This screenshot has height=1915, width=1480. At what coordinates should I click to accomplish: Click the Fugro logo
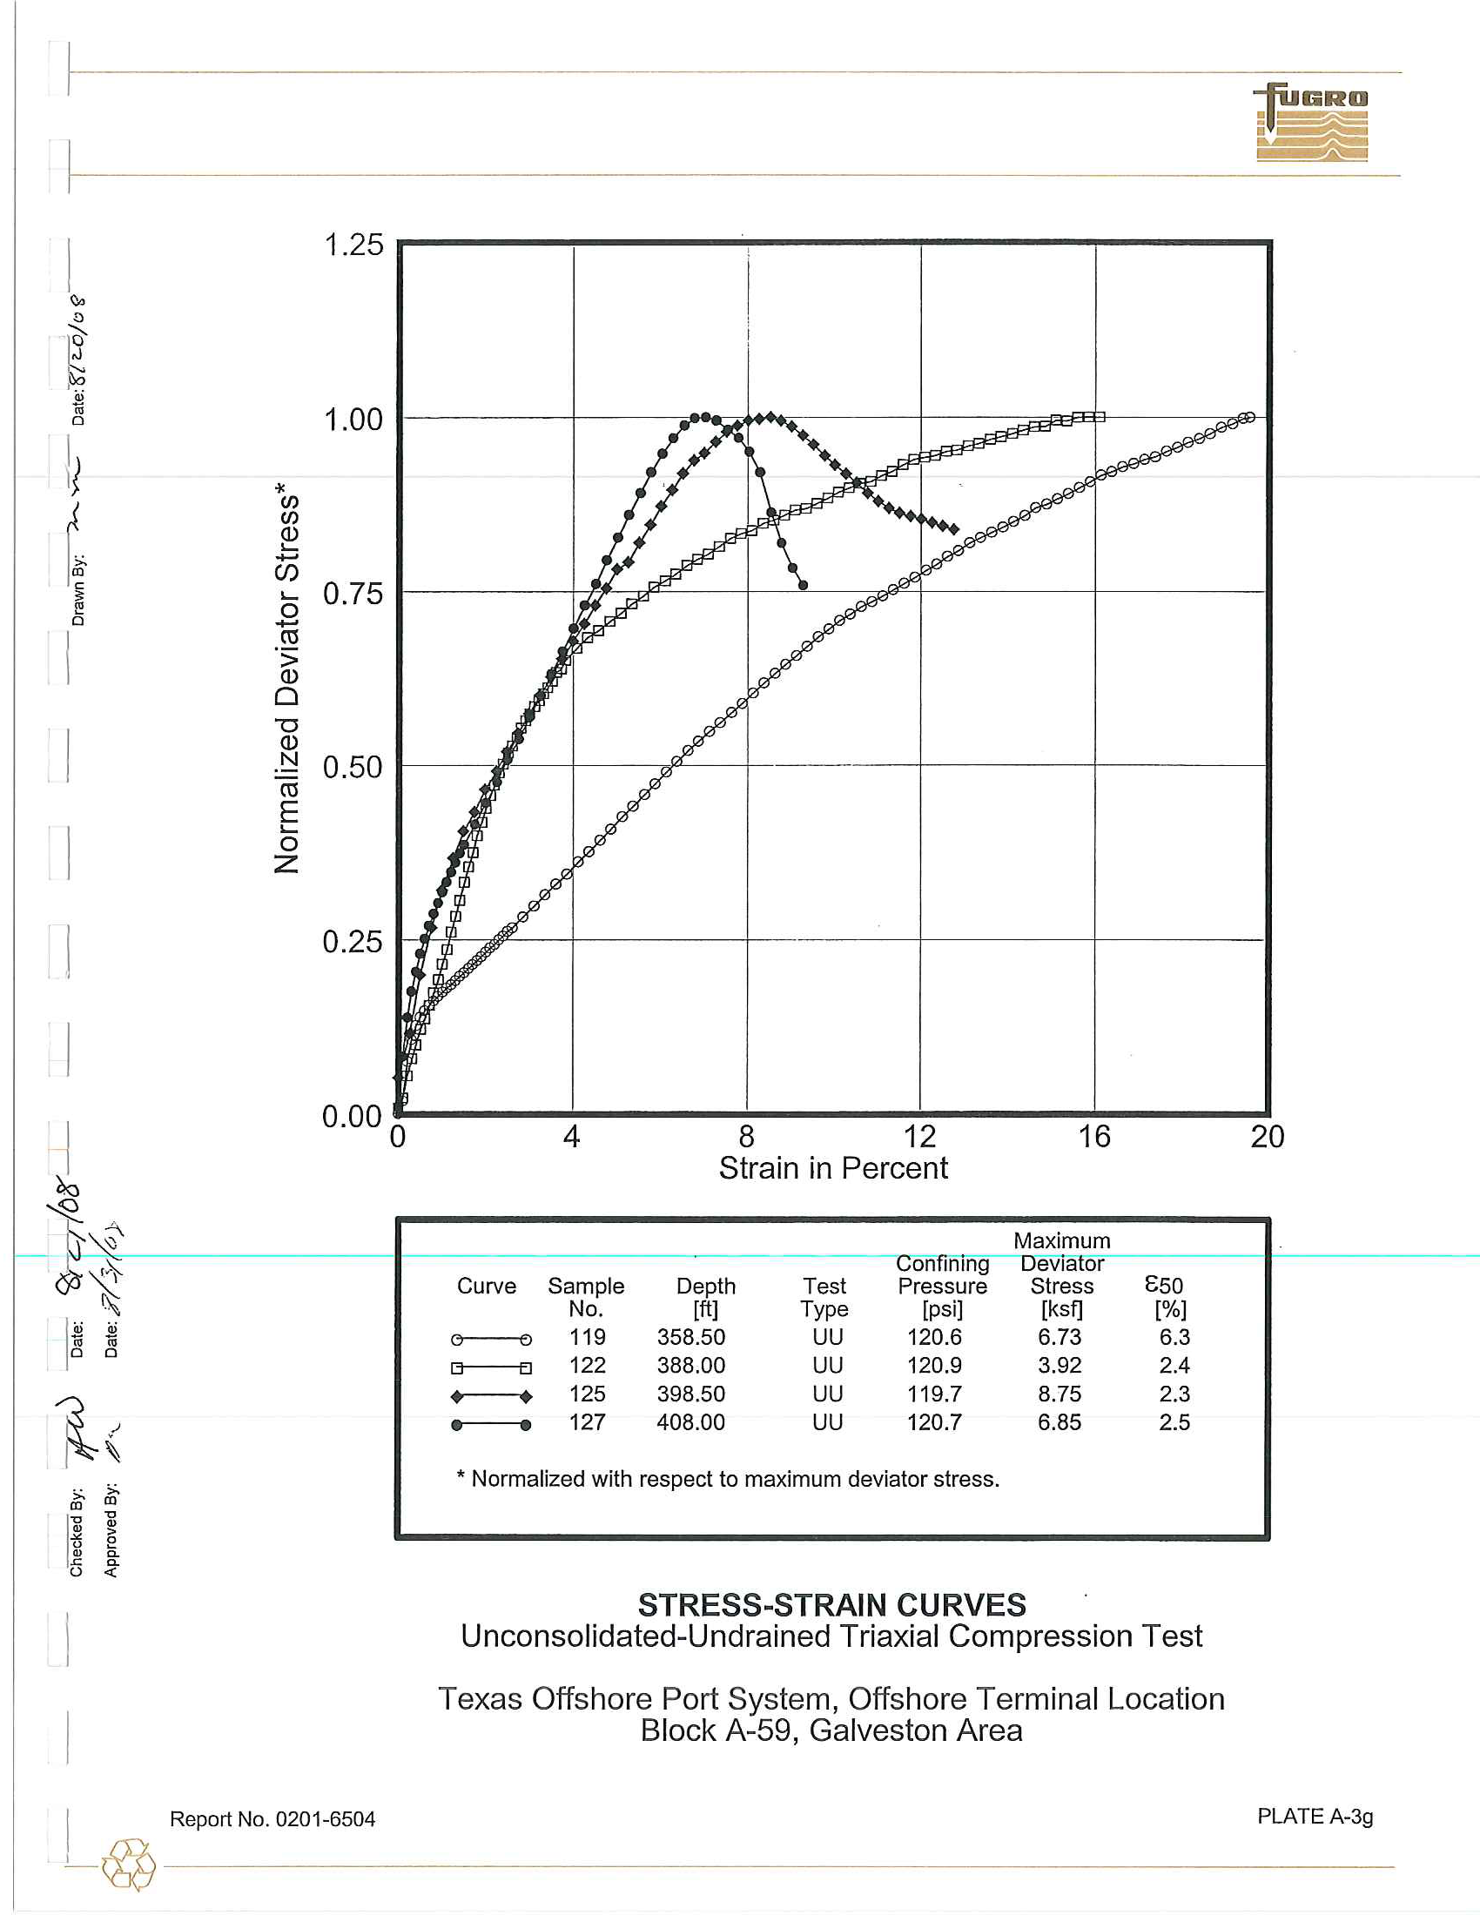[x=1312, y=123]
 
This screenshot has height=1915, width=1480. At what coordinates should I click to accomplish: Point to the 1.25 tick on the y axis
[x=354, y=245]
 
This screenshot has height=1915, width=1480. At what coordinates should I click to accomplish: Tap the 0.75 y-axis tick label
[x=353, y=594]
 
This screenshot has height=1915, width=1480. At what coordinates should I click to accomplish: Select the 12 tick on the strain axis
[x=919, y=1138]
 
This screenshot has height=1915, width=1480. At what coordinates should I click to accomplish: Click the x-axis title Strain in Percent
[x=833, y=1169]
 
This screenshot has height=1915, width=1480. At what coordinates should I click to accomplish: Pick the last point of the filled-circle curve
[x=804, y=585]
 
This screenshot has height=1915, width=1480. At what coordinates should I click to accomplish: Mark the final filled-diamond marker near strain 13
[x=954, y=529]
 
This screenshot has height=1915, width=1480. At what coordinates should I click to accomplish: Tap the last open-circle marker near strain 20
[x=1250, y=417]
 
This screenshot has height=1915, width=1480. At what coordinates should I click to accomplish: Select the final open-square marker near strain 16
[x=1100, y=416]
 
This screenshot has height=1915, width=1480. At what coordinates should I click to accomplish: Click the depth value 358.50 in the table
[x=691, y=1337]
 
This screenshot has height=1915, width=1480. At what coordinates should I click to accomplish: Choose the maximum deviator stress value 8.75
[x=1060, y=1394]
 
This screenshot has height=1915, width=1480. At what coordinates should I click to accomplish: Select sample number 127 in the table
[x=587, y=1422]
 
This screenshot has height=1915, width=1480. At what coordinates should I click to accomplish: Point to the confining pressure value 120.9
[x=934, y=1365]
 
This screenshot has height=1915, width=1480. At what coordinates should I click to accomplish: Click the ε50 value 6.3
[x=1174, y=1337]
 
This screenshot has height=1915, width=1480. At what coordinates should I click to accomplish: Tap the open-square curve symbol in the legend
[x=491, y=1367]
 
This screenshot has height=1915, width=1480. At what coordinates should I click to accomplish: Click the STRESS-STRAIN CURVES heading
[x=831, y=1605]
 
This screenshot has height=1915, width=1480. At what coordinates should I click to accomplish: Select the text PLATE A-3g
[x=1315, y=1816]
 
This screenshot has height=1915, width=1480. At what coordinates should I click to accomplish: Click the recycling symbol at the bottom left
[x=129, y=1865]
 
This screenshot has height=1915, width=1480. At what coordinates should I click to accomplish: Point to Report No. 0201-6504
[x=272, y=1819]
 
